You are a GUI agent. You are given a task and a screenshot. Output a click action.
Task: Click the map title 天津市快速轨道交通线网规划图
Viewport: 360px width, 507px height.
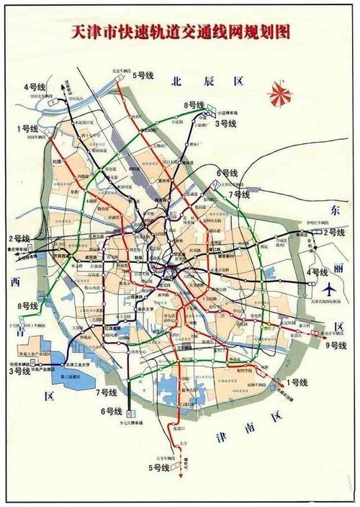click(180, 33)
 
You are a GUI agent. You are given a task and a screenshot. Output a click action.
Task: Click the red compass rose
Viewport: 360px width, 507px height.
click(277, 94)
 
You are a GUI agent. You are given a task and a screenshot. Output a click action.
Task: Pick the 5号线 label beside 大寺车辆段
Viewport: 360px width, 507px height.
click(158, 470)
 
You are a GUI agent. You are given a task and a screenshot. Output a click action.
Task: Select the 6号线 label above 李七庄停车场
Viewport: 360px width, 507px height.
click(113, 411)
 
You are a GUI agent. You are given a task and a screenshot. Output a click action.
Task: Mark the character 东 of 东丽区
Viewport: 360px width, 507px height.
click(334, 210)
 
